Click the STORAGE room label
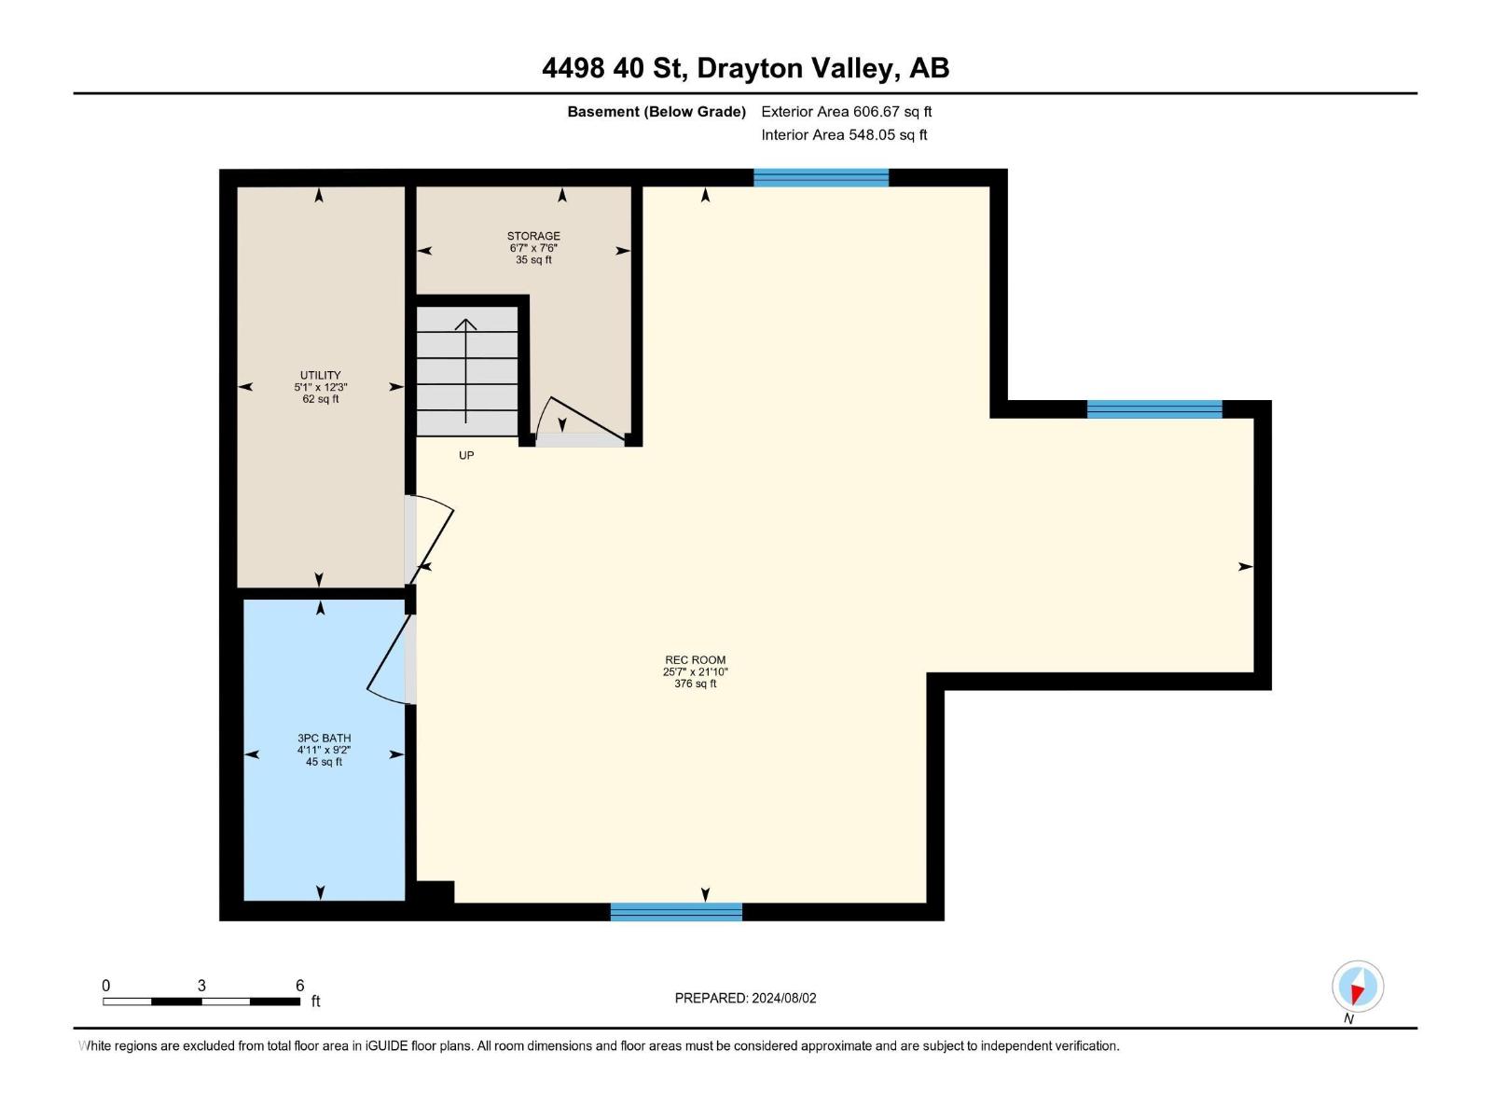click(533, 236)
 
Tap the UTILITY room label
click(320, 375)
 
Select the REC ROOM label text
click(695, 659)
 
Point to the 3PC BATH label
click(324, 738)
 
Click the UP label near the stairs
click(466, 455)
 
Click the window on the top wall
click(821, 177)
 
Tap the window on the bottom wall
click(676, 912)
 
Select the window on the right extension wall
click(1154, 408)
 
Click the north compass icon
click(1358, 987)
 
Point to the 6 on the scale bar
click(299, 985)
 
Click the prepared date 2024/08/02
click(783, 998)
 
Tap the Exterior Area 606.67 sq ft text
click(846, 111)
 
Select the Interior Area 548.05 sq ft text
click(844, 134)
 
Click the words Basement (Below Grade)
click(656, 111)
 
